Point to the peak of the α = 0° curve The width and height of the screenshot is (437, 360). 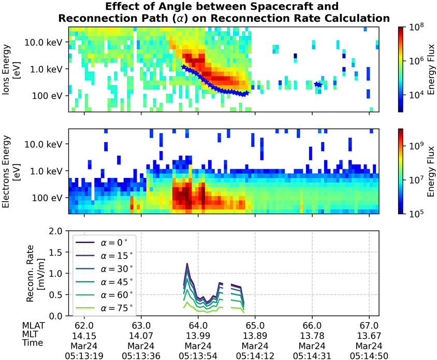click(x=187, y=264)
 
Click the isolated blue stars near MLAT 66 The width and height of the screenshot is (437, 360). click(x=318, y=84)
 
